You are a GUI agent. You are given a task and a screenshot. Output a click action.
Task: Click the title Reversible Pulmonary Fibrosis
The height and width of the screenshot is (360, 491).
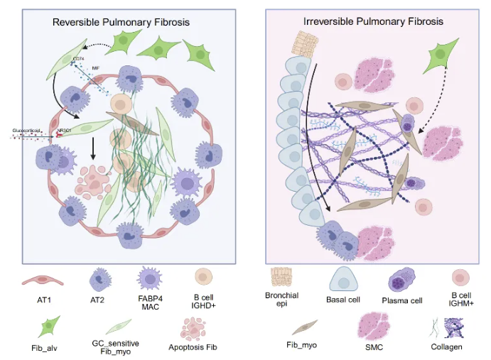tap(121, 22)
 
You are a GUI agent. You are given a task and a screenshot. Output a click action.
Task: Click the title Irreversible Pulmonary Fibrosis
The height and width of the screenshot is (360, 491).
tap(373, 22)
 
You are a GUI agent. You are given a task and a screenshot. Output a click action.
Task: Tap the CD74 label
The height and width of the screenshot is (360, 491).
tap(79, 59)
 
